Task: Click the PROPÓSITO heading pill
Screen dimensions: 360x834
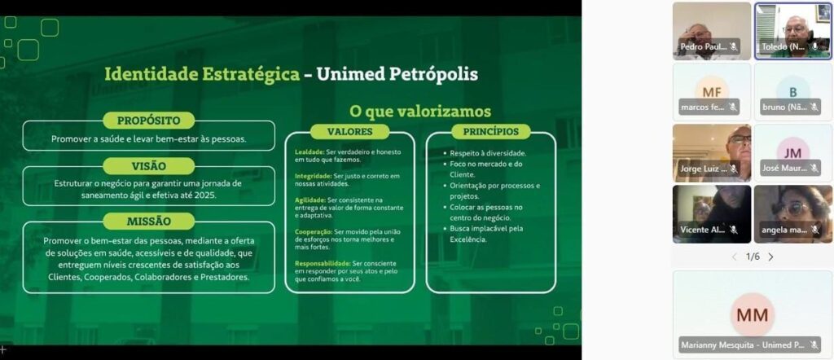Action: coord(148,121)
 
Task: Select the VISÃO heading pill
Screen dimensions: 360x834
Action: coord(148,166)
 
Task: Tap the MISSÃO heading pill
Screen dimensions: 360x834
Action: coord(148,221)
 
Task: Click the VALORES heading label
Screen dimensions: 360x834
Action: coord(350,131)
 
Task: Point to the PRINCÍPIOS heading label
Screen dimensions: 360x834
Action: coord(491,131)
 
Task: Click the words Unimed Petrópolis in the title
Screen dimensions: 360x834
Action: coord(397,74)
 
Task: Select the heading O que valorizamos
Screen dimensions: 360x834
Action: coord(419,111)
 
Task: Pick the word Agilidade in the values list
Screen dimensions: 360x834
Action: coord(309,200)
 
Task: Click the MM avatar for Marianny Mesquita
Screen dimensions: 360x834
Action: coord(752,314)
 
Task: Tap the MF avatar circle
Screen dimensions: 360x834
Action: coord(712,91)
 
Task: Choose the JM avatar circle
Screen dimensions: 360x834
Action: coord(792,152)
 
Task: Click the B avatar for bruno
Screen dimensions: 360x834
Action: coord(792,91)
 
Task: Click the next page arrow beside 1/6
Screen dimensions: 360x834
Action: coord(770,257)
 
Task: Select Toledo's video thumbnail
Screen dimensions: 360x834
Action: coord(792,30)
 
